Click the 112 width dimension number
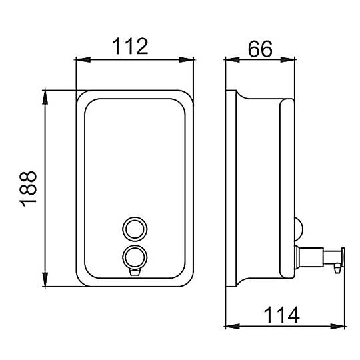point(130,47)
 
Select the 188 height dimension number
point(29,189)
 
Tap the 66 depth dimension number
point(260,49)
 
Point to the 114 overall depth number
point(281,315)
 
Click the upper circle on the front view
point(135,229)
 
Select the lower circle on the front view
point(135,257)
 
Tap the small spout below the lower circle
point(135,273)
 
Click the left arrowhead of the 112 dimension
point(83,60)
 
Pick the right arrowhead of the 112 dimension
point(187,60)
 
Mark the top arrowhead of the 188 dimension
point(45,97)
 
